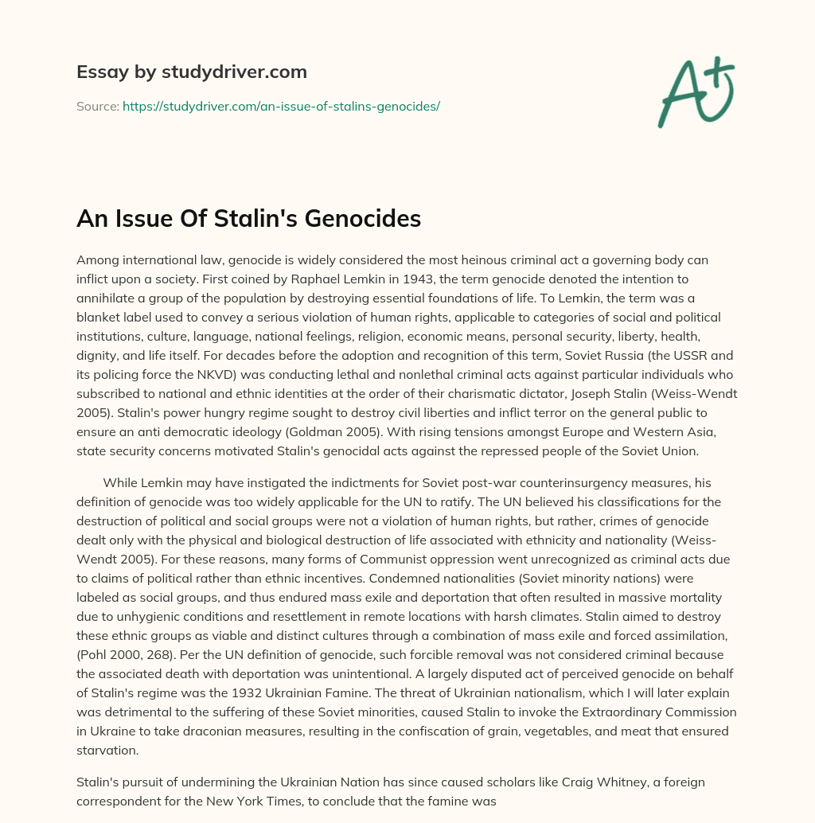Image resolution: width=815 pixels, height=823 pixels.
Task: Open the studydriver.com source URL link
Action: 281,105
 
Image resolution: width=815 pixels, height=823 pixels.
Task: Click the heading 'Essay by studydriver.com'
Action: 191,72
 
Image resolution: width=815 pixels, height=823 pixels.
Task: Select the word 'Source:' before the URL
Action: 98,105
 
